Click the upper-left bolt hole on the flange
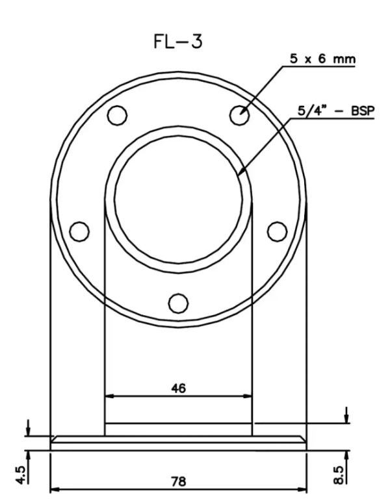117,115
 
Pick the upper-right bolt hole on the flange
240,114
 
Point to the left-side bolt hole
79,231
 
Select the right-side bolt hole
277,230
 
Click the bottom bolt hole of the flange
178,302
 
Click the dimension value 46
178,388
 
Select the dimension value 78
178,482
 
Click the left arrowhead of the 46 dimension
109,394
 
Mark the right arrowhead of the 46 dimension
247,394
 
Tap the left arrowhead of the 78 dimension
55,489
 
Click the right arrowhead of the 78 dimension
302,489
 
